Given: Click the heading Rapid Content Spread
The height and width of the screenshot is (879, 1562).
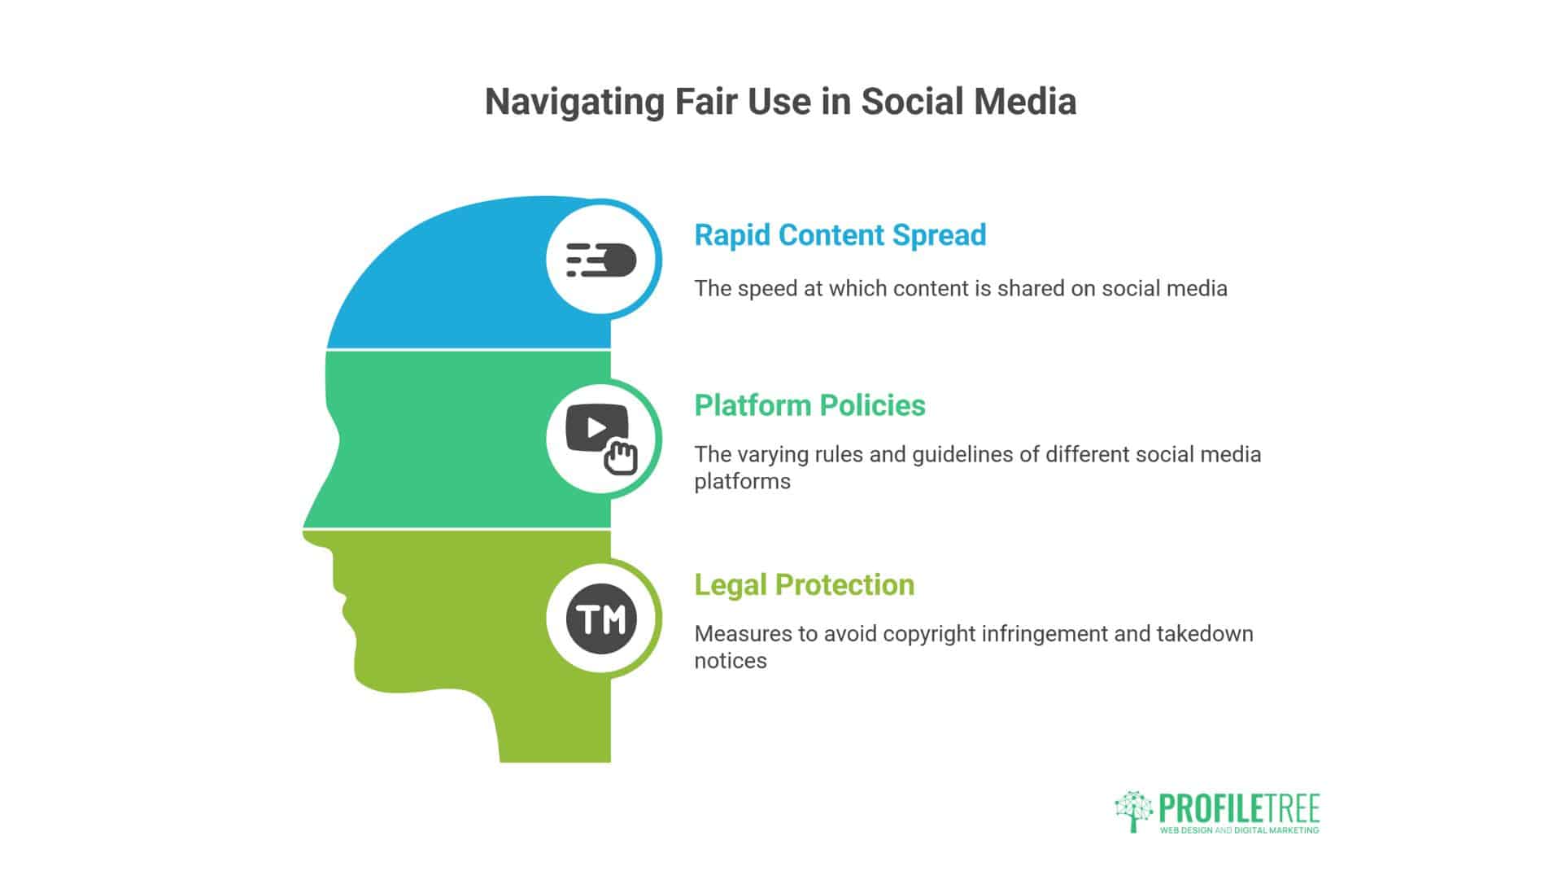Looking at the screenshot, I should (x=840, y=235).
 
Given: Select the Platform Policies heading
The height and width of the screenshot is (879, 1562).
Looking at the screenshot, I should (x=809, y=405).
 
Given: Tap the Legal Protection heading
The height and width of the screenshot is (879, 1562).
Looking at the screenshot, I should (x=804, y=585).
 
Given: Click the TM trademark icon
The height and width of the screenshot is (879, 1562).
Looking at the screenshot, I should (x=601, y=619).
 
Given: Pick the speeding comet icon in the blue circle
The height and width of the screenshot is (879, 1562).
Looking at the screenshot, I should (x=601, y=260).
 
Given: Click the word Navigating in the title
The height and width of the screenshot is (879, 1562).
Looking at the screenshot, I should (x=574, y=103).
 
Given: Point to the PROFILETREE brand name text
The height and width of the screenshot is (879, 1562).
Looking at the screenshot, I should (x=1239, y=809).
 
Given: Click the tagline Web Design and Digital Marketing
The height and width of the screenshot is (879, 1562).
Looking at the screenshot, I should (x=1239, y=830).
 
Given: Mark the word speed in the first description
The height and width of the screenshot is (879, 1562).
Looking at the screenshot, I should (x=765, y=289).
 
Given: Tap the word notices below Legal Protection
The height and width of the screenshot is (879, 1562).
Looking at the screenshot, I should (x=731, y=661).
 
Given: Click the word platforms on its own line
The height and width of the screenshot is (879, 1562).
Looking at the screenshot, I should (x=742, y=482).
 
